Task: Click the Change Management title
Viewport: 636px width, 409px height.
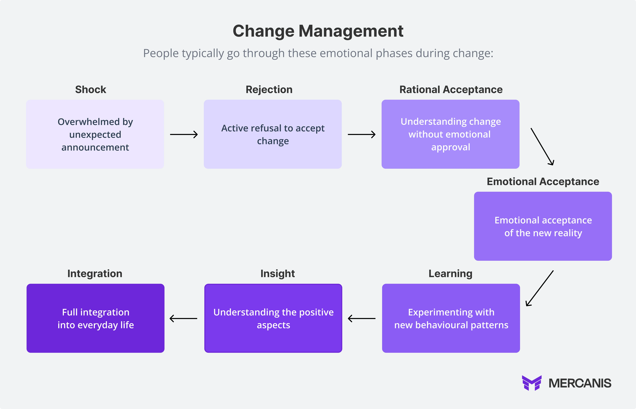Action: pos(318,31)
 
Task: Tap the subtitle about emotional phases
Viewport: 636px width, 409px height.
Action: pos(318,53)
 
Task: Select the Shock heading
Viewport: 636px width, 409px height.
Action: pos(90,89)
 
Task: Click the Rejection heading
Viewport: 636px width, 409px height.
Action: pos(269,89)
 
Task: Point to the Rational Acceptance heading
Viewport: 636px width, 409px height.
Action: pos(451,89)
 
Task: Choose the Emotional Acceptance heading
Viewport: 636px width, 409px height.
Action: pos(543,182)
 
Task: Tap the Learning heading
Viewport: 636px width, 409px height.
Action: pos(450,274)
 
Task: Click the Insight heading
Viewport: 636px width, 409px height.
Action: pos(278,274)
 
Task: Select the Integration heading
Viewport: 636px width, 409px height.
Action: pos(95,274)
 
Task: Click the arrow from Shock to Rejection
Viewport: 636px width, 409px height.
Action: pos(184,134)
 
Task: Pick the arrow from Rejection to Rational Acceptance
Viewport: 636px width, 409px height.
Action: pos(362,134)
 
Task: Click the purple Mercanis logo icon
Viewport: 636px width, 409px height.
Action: pos(531,383)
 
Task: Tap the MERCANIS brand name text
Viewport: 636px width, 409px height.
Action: pos(580,383)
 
